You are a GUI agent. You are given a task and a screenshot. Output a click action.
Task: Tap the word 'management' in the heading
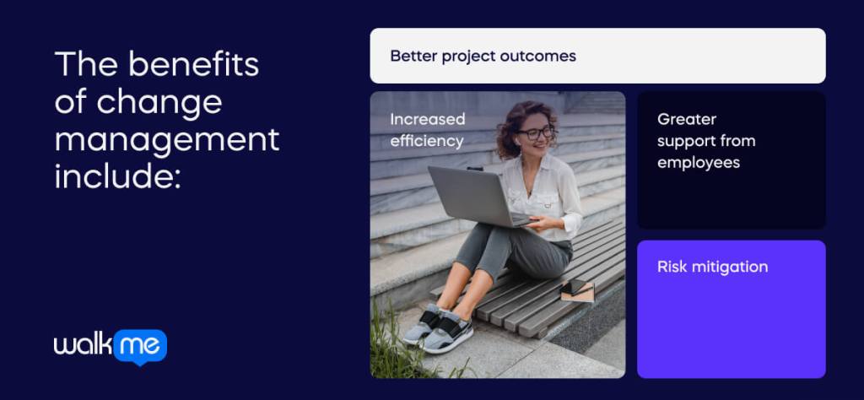point(166,139)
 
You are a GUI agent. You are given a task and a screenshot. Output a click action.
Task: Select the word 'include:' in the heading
point(117,176)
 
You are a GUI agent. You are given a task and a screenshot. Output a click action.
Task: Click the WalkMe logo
point(110,346)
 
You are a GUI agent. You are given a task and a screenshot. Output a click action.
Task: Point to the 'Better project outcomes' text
point(483,57)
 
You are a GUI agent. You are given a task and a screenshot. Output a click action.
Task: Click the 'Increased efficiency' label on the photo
point(427,130)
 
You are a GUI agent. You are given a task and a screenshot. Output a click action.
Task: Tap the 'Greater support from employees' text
point(705,141)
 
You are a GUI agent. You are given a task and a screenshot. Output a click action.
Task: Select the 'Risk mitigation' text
point(712,267)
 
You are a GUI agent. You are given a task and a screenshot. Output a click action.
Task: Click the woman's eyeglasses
point(536,132)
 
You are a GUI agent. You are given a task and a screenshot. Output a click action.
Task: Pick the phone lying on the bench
point(579,289)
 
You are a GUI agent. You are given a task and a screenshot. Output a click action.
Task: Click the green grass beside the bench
point(397,354)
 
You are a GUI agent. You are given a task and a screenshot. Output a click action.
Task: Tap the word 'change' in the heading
point(159,102)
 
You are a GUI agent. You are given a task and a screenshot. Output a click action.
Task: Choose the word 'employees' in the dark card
point(699,162)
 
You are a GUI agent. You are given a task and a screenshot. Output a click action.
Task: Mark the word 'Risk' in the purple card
point(672,267)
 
